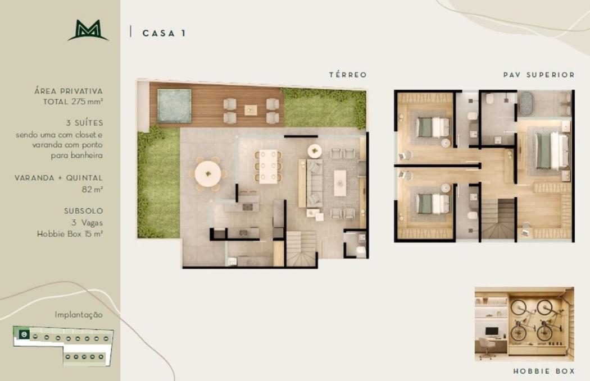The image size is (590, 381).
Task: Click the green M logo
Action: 88,30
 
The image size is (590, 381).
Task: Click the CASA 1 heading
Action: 164,33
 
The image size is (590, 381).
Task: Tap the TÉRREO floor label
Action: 348,75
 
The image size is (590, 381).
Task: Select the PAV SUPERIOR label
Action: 539,75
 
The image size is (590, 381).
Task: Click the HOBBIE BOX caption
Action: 544,371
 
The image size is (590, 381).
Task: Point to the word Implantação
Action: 79,314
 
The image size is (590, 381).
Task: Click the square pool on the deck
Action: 174,105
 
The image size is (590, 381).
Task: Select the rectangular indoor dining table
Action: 268,167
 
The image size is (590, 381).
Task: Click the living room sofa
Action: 314,183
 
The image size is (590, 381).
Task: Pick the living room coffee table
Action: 340,183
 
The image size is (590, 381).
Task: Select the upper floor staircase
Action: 498,219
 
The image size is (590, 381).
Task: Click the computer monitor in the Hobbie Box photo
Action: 492,332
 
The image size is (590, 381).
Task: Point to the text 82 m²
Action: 92,189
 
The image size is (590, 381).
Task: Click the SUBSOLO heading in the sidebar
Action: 84,211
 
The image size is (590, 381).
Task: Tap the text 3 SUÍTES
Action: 84,123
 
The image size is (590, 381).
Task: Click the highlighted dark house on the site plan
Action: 24,334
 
